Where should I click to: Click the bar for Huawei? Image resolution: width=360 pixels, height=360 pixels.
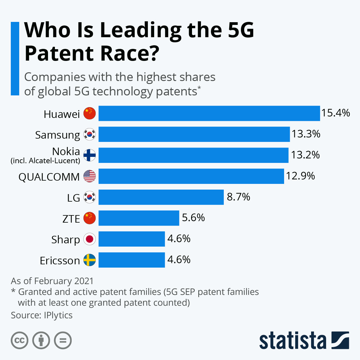point(209,113)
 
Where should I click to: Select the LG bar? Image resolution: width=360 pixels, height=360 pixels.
point(161,197)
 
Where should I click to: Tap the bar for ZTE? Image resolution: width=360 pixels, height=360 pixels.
point(139,218)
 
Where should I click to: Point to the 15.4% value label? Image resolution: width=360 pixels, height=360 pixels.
point(336,113)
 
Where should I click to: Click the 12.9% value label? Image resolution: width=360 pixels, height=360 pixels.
point(300,176)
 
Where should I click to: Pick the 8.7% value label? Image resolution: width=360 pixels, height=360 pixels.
point(238,197)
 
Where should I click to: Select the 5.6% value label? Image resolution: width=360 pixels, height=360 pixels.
point(193,218)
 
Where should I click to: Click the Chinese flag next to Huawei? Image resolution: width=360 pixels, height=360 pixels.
point(89,113)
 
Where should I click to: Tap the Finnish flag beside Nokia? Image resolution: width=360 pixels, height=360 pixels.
point(89,155)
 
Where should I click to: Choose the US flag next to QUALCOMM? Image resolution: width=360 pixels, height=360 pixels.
point(89,176)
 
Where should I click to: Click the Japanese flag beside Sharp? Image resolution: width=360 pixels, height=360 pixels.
point(89,239)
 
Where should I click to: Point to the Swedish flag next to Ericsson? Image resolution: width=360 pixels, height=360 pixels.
point(89,260)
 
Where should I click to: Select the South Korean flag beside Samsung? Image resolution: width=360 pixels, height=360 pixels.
point(89,134)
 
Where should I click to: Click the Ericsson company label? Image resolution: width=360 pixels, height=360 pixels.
point(60,260)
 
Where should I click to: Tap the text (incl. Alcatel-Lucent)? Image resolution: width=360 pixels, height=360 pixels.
point(46,161)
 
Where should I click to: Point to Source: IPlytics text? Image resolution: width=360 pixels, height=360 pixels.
point(42,315)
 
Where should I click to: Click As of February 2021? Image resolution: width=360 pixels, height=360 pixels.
point(52,281)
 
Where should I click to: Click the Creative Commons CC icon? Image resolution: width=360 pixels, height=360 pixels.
point(19,340)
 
